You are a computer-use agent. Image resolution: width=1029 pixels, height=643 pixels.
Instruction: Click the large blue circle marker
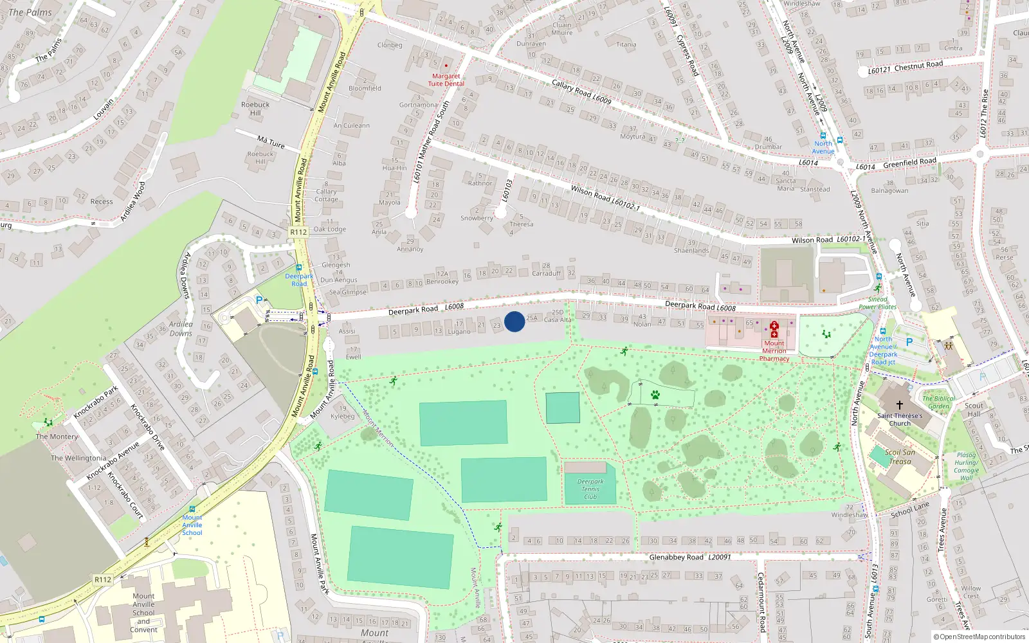[x=514, y=321]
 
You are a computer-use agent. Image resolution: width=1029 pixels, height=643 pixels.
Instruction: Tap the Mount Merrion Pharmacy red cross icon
[x=774, y=329]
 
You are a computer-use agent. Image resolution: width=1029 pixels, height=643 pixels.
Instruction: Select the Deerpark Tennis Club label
[x=590, y=489]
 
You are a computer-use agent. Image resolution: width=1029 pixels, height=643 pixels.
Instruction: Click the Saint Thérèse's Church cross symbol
[x=899, y=404]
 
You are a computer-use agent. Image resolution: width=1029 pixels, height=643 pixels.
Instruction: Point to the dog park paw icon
[x=655, y=395]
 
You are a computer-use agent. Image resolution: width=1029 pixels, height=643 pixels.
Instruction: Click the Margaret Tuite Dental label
[x=446, y=80]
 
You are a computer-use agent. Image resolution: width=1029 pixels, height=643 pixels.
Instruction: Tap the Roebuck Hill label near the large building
[x=255, y=108]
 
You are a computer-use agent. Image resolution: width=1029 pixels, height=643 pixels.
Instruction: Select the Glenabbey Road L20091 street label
[x=689, y=557]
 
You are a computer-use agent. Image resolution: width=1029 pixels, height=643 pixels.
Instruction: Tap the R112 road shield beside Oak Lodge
[x=298, y=232]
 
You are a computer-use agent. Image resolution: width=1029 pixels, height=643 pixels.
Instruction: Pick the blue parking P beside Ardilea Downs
[x=259, y=300]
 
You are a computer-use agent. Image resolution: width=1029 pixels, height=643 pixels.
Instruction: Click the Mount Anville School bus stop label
[x=192, y=525]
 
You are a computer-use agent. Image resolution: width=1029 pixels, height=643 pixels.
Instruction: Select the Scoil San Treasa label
[x=900, y=457]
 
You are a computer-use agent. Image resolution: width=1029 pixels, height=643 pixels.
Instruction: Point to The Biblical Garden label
[x=938, y=402]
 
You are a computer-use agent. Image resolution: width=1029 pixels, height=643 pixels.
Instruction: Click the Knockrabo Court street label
[x=125, y=496]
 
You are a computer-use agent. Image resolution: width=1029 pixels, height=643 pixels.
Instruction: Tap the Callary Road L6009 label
[x=581, y=91]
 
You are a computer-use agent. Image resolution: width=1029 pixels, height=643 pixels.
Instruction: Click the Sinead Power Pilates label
[x=877, y=303]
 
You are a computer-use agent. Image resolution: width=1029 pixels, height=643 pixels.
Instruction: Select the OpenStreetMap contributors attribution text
[x=979, y=637]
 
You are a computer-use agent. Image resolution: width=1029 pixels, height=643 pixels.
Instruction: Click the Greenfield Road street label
[x=909, y=163]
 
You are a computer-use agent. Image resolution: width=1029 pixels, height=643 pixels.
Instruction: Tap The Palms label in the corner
[x=30, y=12]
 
